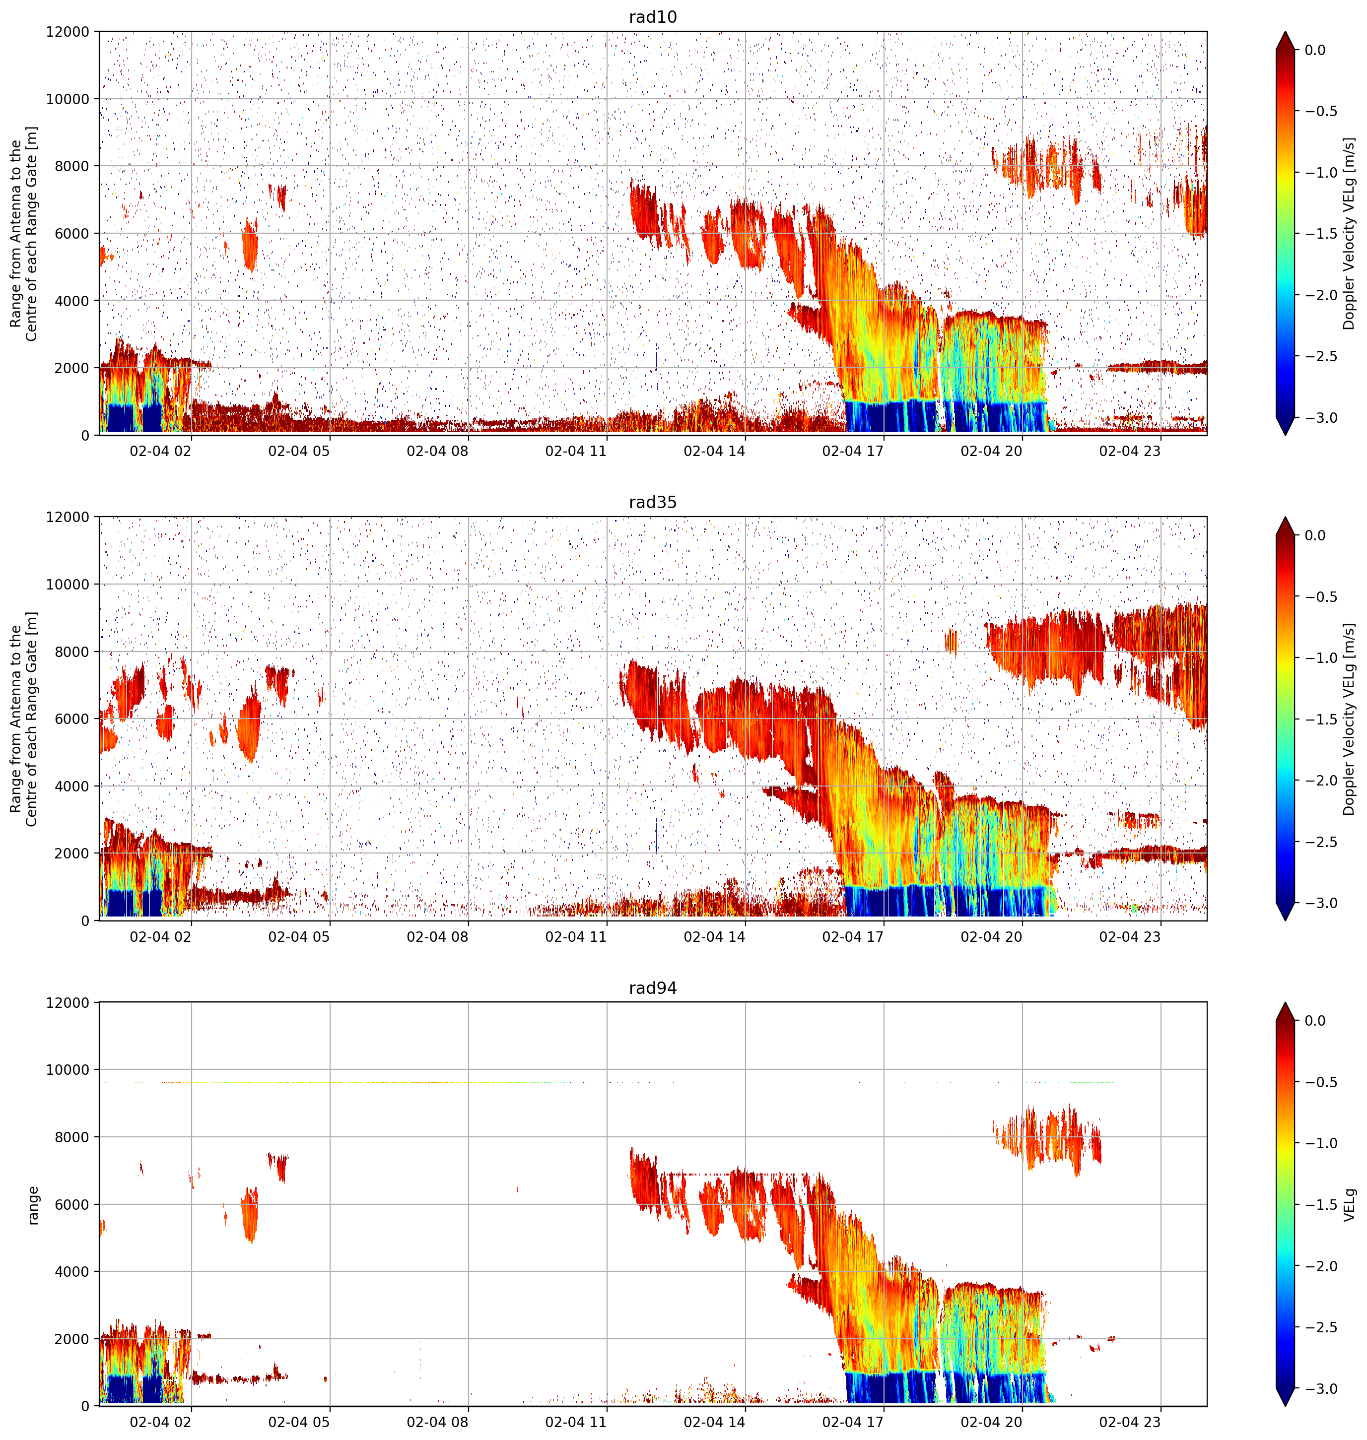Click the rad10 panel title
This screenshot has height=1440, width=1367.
653,17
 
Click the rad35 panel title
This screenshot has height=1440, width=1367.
653,502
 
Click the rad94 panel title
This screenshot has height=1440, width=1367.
653,987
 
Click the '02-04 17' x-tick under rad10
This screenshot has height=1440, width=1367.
853,451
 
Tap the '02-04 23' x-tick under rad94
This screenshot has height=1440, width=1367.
1129,1422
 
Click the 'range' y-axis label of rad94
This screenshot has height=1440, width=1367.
33,1205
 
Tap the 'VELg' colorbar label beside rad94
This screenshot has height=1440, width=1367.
1350,1205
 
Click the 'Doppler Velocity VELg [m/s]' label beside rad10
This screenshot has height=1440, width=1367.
1350,234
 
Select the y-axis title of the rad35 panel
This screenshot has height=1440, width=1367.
24,719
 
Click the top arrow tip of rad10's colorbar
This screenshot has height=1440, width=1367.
1286,31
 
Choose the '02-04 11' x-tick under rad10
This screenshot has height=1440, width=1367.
576,451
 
